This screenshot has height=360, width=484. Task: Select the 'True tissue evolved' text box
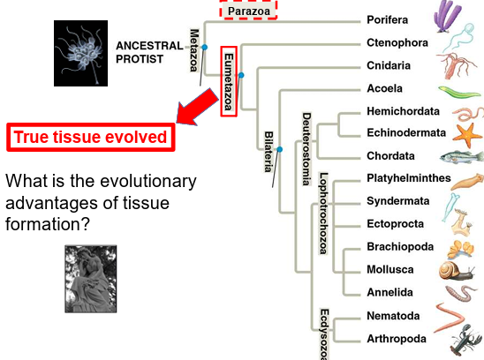coord(89,138)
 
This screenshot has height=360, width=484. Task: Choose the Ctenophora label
coord(397,42)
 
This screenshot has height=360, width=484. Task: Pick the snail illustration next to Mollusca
coord(465,269)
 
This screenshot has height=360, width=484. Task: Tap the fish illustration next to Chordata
coord(465,156)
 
